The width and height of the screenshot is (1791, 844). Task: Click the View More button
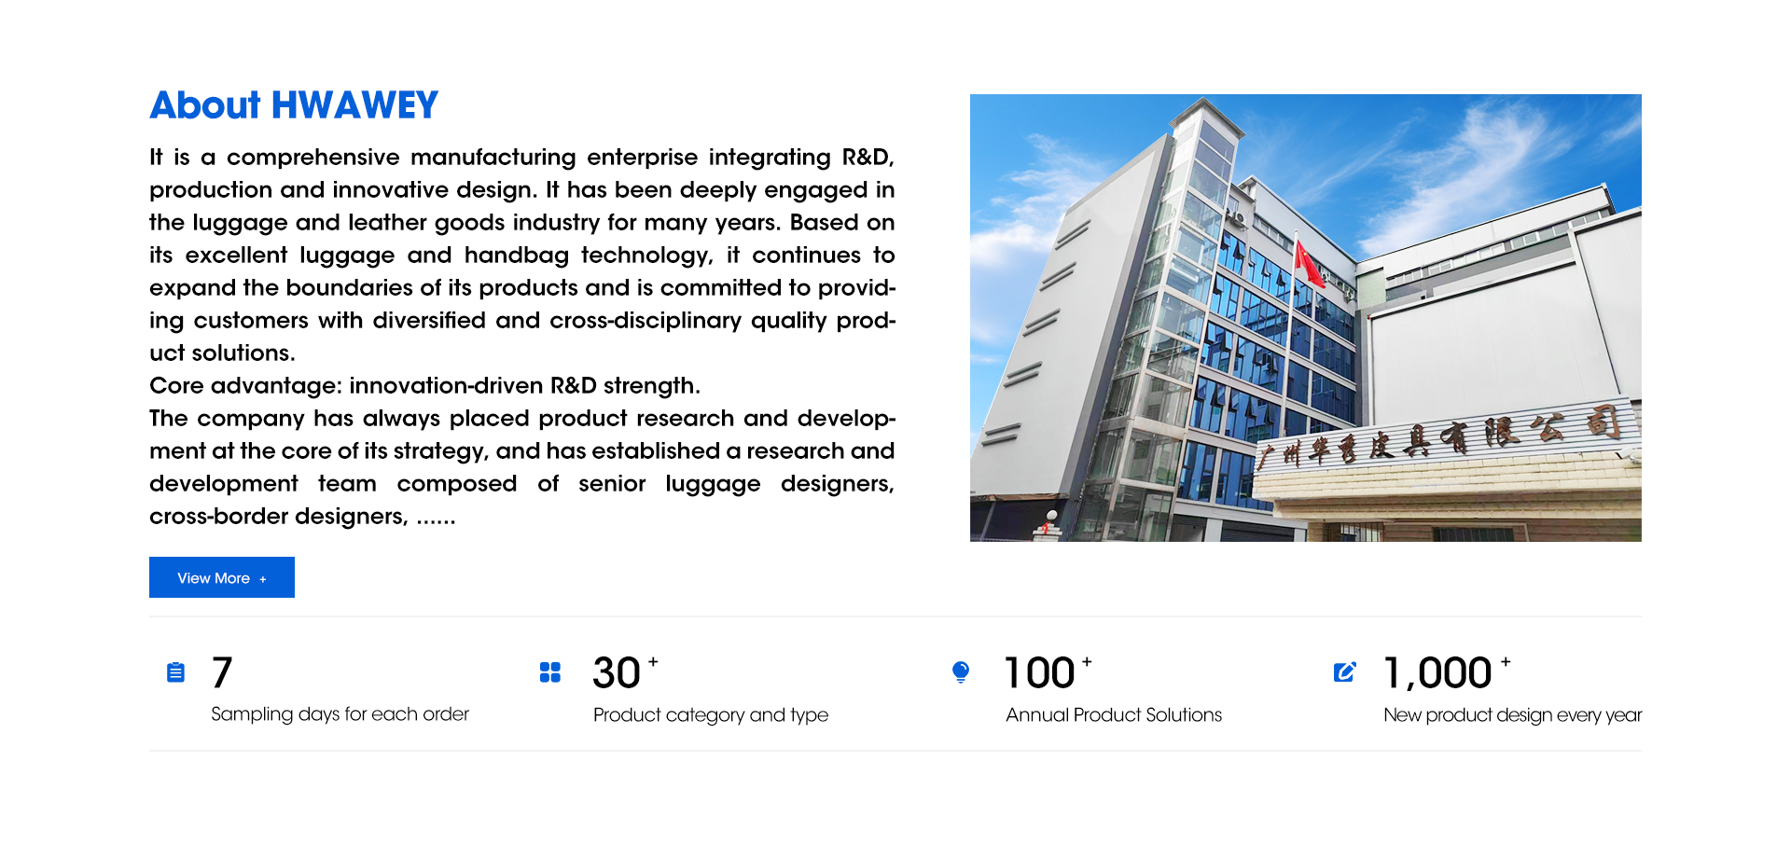click(222, 577)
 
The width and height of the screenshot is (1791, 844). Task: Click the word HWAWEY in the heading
click(354, 105)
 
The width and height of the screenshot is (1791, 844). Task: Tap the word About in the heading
click(205, 105)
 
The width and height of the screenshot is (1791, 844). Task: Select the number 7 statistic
click(222, 672)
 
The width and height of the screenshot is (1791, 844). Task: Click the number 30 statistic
click(617, 673)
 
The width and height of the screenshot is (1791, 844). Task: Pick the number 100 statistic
click(1039, 673)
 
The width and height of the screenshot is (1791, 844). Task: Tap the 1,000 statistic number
click(1438, 673)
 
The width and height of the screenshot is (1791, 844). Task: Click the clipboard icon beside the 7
click(175, 671)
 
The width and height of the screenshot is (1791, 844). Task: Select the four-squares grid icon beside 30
click(550, 672)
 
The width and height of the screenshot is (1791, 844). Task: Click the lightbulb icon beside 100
click(961, 672)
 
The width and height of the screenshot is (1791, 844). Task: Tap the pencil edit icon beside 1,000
click(1344, 672)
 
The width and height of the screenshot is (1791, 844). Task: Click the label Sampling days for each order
click(340, 714)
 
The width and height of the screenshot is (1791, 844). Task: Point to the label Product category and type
click(711, 715)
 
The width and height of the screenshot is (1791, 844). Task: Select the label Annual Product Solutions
click(1114, 714)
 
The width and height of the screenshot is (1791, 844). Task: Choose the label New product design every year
click(1512, 715)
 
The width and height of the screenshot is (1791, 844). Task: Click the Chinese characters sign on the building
click(1441, 437)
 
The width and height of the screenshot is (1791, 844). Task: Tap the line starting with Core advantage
click(424, 386)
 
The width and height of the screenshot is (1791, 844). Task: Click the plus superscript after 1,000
click(1506, 661)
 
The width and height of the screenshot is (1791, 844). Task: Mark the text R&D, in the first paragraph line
click(868, 158)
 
